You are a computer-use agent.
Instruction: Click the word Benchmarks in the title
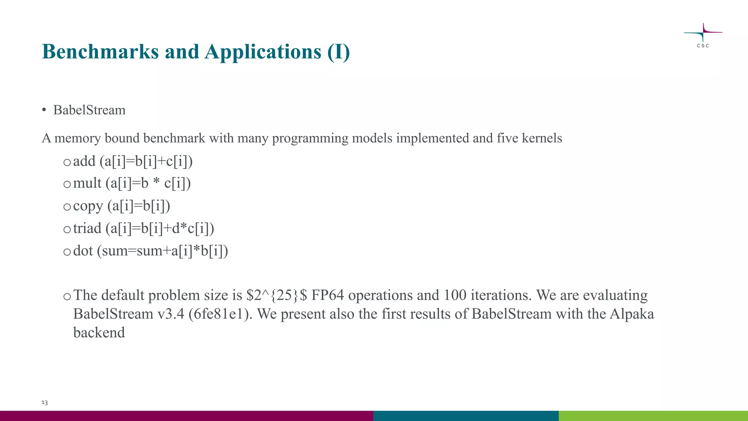100,52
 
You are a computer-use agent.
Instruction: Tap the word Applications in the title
263,52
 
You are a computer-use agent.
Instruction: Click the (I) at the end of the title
339,52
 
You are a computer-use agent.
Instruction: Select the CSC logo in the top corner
703,35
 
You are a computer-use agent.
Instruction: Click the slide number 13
45,402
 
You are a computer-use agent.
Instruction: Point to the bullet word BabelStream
89,110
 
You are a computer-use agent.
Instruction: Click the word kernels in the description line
542,138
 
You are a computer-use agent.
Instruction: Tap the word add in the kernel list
84,161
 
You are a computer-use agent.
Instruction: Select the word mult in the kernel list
87,183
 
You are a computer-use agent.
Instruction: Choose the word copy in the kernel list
88,206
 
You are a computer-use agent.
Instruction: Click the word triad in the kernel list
87,228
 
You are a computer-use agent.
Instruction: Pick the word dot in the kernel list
83,251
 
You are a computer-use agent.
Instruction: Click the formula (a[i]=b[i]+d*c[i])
160,228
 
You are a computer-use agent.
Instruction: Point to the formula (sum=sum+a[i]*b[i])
163,251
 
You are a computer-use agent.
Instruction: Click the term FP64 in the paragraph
328,295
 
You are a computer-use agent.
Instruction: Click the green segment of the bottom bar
653,416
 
